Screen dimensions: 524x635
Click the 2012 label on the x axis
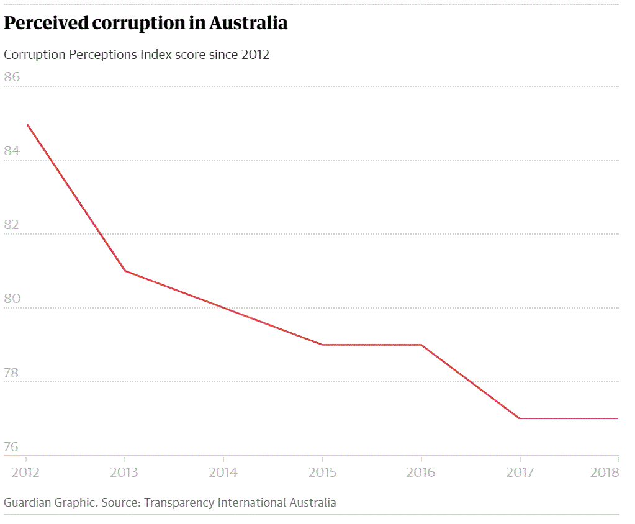click(x=26, y=472)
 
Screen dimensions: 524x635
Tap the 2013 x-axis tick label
click(x=124, y=472)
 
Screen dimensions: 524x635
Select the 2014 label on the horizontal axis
click(x=223, y=472)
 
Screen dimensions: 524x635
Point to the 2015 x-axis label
click(x=322, y=472)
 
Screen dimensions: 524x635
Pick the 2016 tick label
click(x=421, y=472)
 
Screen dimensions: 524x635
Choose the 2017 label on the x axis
click(x=520, y=472)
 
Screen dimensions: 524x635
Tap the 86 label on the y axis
click(x=12, y=77)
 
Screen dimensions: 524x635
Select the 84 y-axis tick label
click(x=12, y=151)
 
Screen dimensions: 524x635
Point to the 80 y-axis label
click(x=12, y=299)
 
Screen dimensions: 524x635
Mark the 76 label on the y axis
click(x=12, y=447)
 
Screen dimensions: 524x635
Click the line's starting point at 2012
click(x=27, y=124)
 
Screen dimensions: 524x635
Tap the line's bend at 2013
click(x=125, y=271)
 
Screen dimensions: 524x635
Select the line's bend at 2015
click(x=323, y=345)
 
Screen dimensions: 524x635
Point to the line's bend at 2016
click(x=421, y=345)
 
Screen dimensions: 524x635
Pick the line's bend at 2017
click(x=520, y=418)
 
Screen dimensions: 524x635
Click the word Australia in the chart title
click(x=248, y=23)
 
